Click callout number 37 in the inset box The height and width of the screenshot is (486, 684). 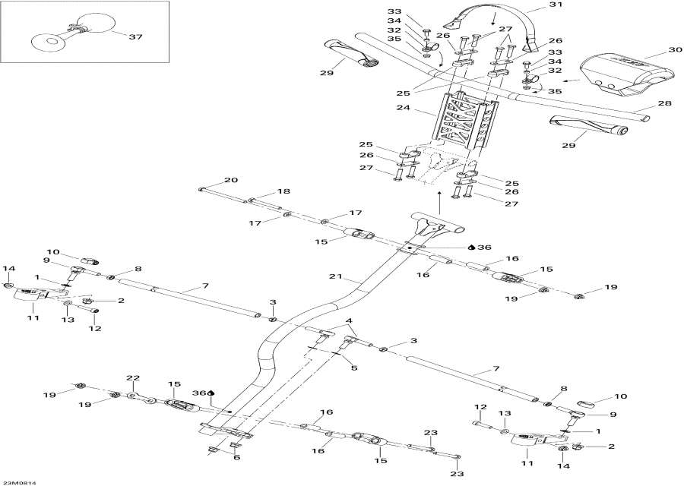135,36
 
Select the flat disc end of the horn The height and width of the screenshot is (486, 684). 49,41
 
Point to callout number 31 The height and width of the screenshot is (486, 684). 556,5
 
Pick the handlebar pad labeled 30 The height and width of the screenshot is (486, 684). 625,73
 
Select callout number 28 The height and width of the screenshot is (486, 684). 664,103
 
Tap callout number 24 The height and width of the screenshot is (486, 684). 403,107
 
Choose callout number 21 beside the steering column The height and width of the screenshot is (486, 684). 337,276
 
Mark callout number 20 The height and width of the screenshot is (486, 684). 231,180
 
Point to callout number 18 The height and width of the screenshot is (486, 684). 283,191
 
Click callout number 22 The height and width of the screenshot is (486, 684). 132,377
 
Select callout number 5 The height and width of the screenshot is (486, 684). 353,368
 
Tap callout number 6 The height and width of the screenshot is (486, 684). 236,457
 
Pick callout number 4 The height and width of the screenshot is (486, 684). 349,322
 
